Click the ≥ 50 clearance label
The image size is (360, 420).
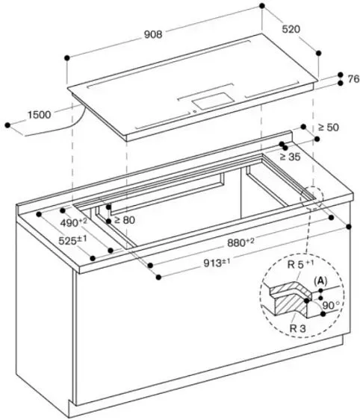pyautogui.click(x=328, y=128)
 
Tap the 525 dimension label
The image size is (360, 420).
pyautogui.click(x=73, y=240)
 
